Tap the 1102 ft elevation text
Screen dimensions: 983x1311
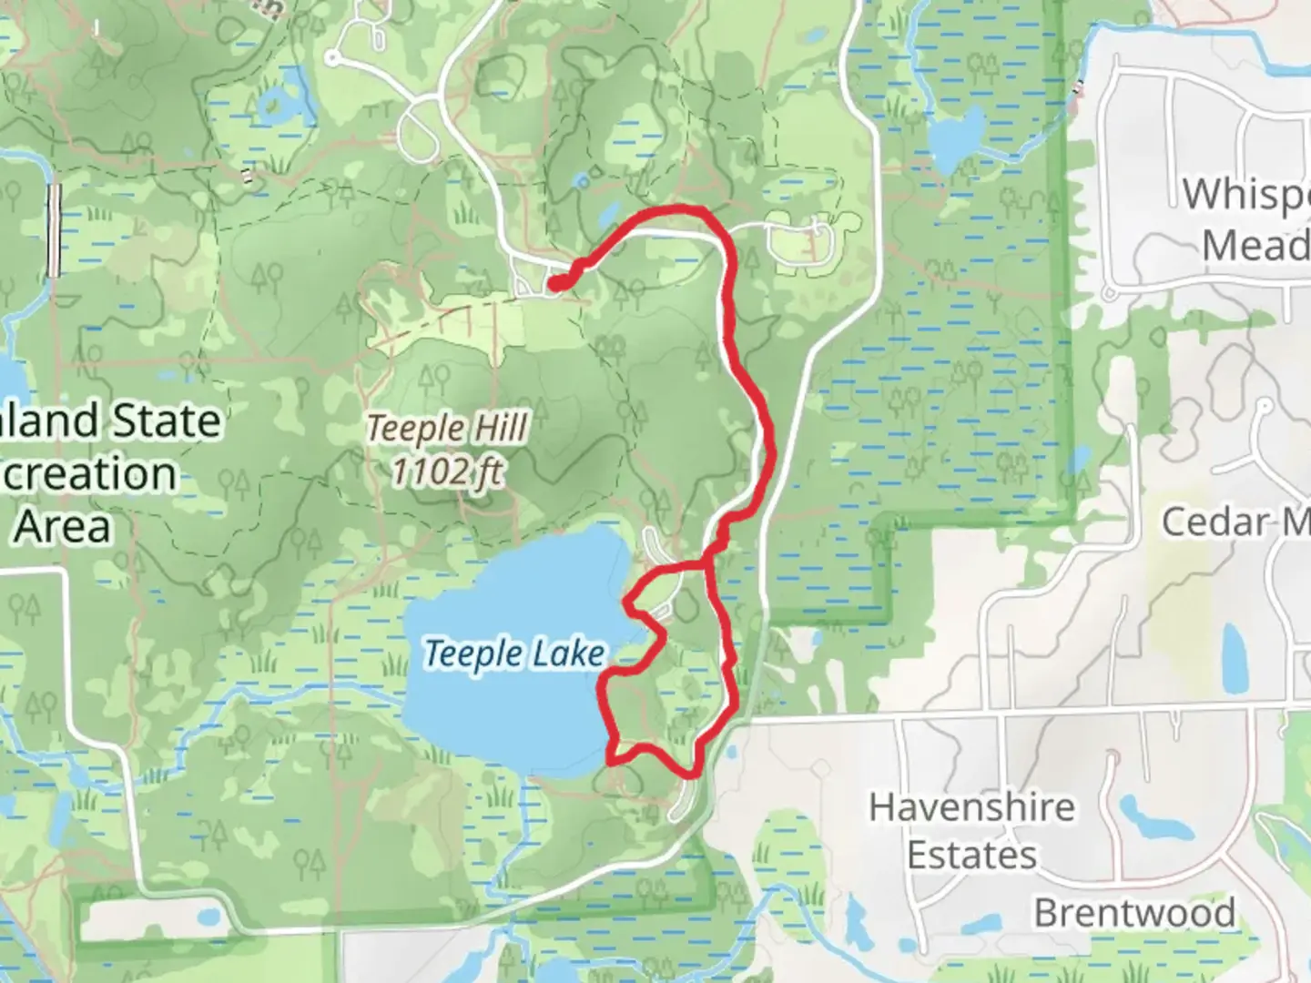point(446,471)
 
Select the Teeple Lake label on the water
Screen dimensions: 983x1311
point(514,654)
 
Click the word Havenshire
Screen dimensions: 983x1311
point(971,807)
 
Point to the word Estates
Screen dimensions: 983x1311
point(971,856)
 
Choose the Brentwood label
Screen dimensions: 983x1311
point(1134,912)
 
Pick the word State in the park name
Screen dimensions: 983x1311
point(166,421)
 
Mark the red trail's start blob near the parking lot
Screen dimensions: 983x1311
point(556,283)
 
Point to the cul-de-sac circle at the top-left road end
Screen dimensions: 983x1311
point(333,59)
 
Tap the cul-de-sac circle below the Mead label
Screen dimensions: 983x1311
point(1110,294)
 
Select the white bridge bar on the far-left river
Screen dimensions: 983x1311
point(55,229)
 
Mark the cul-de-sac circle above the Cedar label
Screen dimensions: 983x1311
point(1265,405)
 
